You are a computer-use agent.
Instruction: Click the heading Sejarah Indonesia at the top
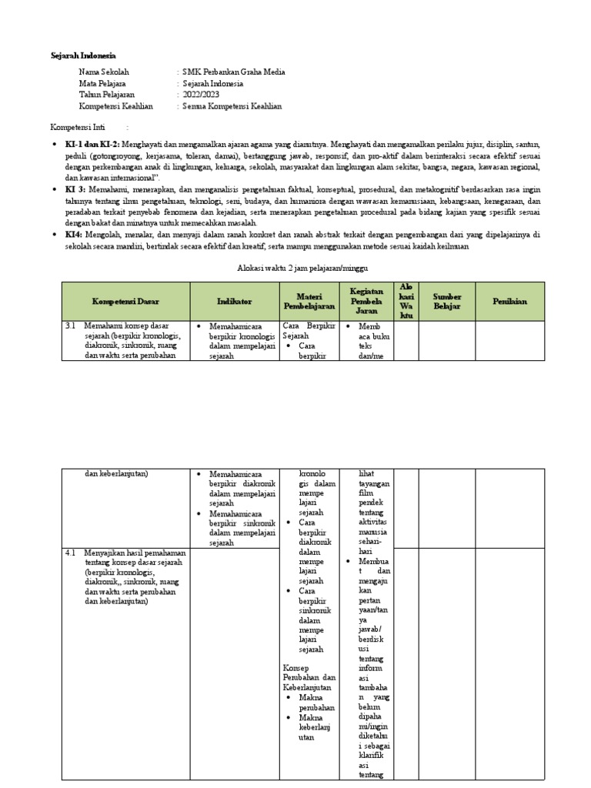tap(82, 56)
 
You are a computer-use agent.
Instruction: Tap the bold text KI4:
tap(74, 234)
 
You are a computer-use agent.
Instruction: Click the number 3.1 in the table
tap(70, 326)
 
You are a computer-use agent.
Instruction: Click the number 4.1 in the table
tap(70, 553)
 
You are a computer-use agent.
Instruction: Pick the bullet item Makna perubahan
tap(316, 702)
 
